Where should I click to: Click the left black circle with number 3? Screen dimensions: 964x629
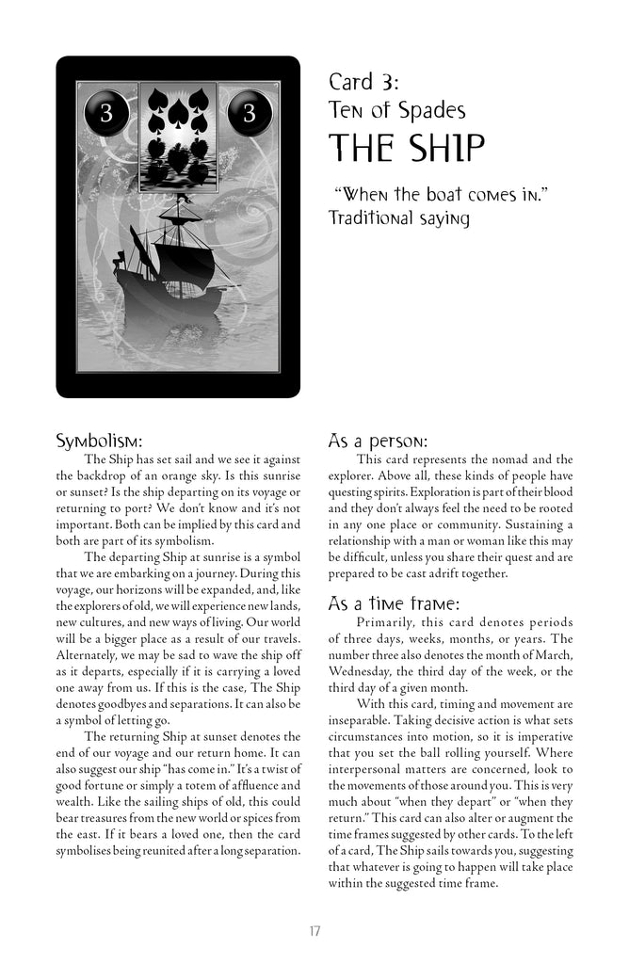105,114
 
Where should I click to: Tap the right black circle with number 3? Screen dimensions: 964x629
250,114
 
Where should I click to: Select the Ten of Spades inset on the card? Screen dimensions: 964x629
178,136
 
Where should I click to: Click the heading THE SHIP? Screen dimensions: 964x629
407,149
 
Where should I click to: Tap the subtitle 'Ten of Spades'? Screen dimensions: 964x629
396,111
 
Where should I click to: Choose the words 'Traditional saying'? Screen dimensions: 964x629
399,217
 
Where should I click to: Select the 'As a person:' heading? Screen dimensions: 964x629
378,441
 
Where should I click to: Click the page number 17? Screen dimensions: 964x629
314,931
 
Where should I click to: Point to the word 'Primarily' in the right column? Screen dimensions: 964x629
388,622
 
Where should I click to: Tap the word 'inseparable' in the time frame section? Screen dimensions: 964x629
363,737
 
